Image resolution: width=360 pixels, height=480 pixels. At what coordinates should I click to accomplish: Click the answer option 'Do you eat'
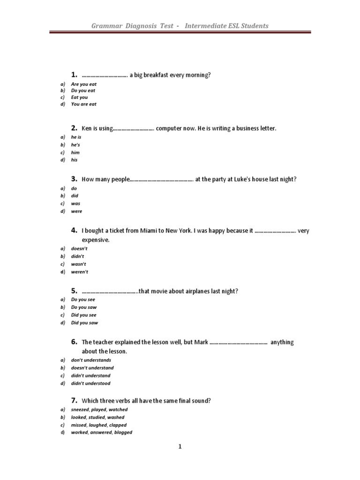(x=83, y=90)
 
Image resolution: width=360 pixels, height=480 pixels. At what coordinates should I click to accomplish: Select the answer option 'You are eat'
(x=83, y=104)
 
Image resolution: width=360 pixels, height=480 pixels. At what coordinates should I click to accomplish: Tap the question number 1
(x=74, y=75)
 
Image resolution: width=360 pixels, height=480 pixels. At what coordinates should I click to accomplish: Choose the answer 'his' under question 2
(x=74, y=160)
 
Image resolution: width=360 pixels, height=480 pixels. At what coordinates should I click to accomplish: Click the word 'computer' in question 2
(x=170, y=128)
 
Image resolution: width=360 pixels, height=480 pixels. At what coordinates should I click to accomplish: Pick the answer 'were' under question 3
(x=76, y=211)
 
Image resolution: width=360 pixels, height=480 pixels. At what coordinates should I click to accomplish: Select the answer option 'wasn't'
(x=78, y=264)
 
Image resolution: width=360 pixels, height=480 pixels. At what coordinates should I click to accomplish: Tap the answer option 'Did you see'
(x=83, y=315)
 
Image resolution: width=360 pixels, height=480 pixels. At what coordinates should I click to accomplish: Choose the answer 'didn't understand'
(x=90, y=375)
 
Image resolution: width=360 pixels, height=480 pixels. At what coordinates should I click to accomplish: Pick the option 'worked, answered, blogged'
(x=101, y=432)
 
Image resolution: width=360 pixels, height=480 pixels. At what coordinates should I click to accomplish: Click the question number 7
(x=74, y=400)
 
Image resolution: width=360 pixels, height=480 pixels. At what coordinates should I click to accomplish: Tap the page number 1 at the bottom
(x=180, y=447)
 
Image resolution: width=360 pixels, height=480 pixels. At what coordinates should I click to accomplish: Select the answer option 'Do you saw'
(x=83, y=307)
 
